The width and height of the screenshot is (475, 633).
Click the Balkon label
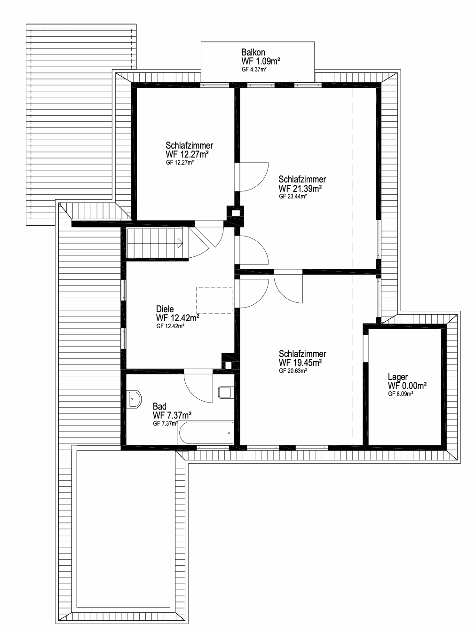253,53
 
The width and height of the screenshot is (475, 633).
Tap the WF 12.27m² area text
187,154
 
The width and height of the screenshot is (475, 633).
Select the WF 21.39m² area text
300,188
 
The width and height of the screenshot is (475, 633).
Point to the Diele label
165,309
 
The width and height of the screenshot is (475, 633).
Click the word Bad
159,406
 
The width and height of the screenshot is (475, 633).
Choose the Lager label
398,377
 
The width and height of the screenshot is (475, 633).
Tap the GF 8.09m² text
401,394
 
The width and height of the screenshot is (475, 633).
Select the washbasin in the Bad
134,399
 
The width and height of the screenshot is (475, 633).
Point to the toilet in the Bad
226,393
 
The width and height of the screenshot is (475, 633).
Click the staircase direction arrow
180,243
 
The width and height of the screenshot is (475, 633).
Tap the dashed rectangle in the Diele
214,300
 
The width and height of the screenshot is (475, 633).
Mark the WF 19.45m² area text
300,363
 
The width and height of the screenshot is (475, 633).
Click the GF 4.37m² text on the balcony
254,70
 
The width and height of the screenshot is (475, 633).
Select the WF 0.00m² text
407,385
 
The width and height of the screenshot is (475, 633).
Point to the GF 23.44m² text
293,197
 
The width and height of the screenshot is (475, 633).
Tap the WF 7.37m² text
172,415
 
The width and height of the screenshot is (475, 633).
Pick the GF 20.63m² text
293,371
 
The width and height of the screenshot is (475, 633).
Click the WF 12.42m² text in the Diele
178,318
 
